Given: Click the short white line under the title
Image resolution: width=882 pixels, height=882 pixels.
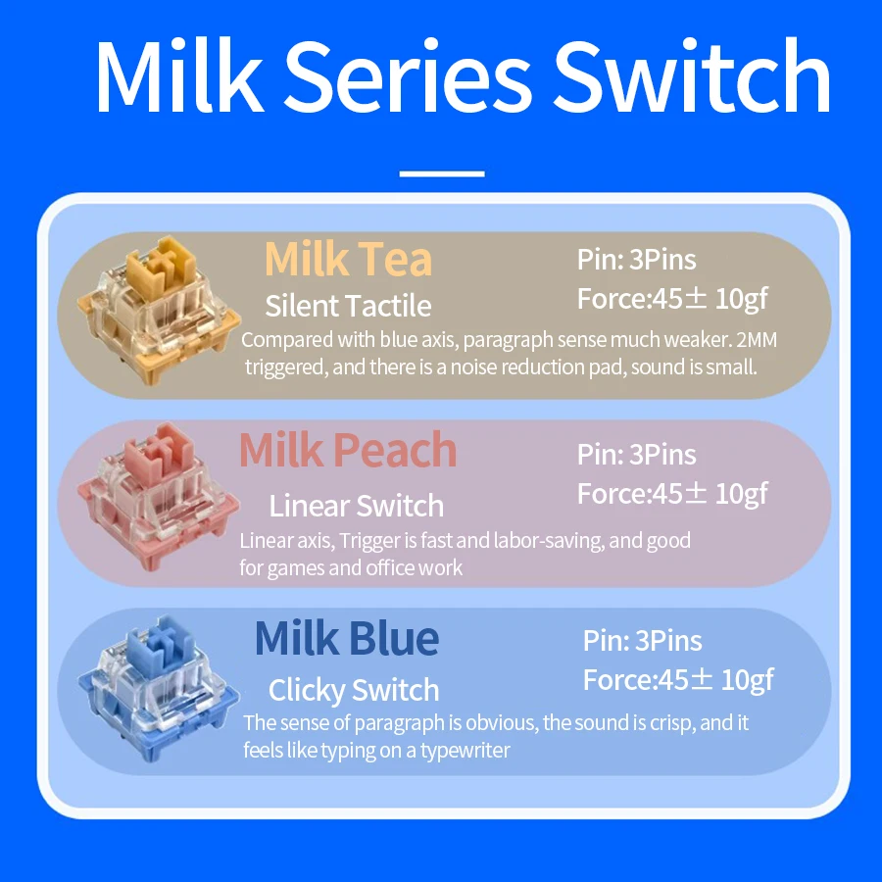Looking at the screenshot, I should (x=442, y=173).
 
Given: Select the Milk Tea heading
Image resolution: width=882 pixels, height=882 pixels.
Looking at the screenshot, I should (x=348, y=260).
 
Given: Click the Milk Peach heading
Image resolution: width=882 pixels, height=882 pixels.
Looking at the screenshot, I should (x=348, y=450).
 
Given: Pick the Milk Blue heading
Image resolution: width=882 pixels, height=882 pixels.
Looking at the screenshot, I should (x=347, y=639).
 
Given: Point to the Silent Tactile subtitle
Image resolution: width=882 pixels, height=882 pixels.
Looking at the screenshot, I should (x=348, y=306).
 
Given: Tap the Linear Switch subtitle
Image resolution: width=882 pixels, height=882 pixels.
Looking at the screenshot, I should (x=356, y=506).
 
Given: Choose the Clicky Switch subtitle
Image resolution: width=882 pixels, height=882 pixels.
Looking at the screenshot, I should (x=354, y=690).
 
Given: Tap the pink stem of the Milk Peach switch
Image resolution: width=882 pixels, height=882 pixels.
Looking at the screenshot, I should (x=161, y=453).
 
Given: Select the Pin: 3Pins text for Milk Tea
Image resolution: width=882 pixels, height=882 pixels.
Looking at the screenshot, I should (x=637, y=260).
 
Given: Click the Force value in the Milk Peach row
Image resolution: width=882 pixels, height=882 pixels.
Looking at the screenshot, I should (x=672, y=493).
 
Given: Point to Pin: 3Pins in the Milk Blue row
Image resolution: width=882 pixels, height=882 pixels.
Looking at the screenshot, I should (x=643, y=641).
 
